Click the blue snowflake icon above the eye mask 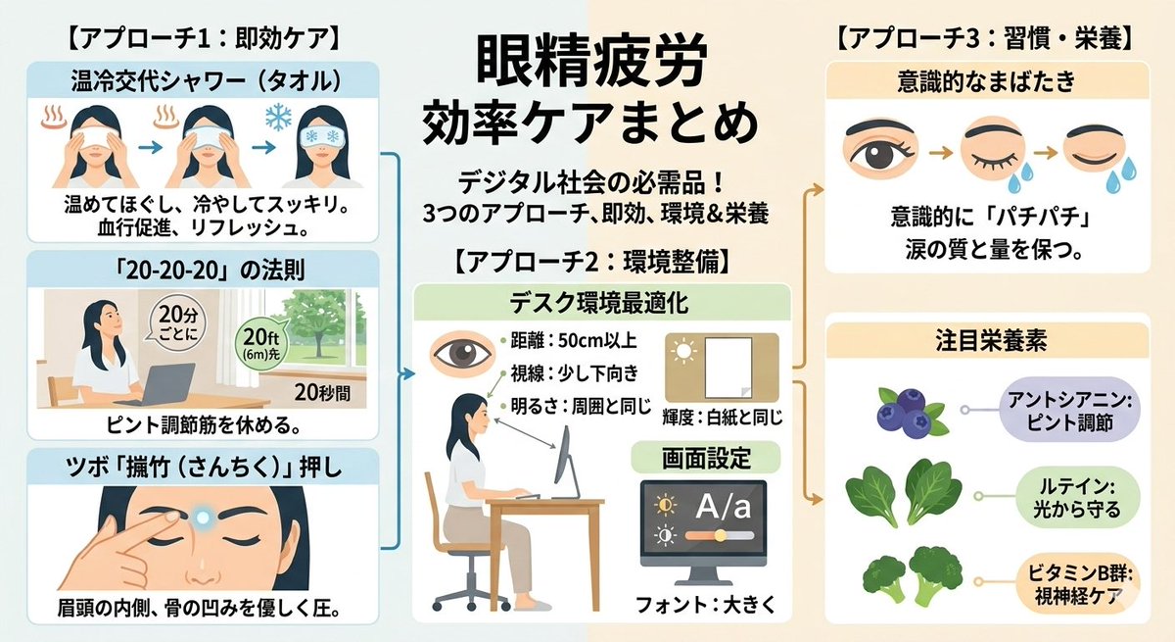[x=278, y=117]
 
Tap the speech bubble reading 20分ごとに [x=177, y=322]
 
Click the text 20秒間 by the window [x=322, y=392]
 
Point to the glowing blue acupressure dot [x=202, y=519]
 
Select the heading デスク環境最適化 [x=599, y=303]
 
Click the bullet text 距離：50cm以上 [x=574, y=341]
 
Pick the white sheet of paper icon [x=728, y=368]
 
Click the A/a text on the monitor [x=723, y=506]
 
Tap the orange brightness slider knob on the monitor [x=721, y=535]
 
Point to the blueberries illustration [x=912, y=413]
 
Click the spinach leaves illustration [x=903, y=492]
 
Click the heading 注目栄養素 [x=990, y=340]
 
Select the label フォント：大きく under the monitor [x=705, y=606]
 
